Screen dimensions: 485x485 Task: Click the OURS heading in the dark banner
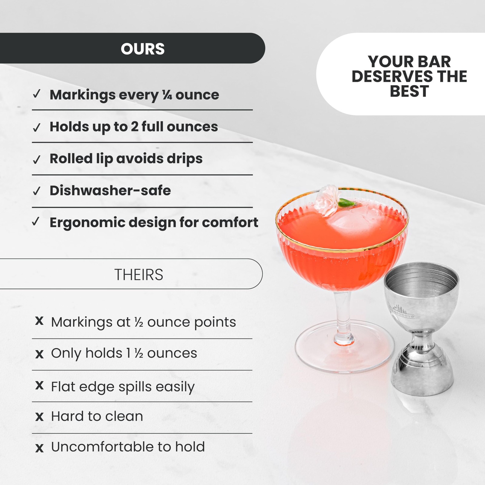(x=142, y=49)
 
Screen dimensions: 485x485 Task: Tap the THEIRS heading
(x=139, y=275)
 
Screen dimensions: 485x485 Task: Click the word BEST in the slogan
(x=409, y=91)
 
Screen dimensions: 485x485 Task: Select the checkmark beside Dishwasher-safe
(x=37, y=191)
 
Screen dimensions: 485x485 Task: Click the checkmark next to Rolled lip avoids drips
(x=37, y=159)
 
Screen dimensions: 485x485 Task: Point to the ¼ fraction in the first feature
(x=167, y=95)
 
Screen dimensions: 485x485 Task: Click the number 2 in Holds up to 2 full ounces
(x=135, y=127)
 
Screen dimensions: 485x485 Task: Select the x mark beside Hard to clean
(x=39, y=417)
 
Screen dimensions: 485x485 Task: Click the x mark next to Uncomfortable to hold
(x=39, y=448)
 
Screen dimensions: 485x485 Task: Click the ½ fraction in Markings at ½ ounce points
(x=139, y=322)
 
